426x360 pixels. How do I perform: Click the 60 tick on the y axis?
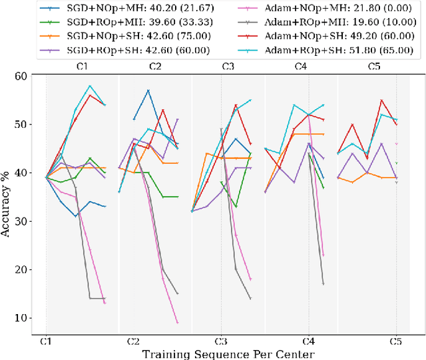30,76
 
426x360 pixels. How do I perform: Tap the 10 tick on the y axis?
30,318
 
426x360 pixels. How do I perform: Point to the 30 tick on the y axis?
30,221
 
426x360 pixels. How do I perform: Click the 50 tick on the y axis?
30,124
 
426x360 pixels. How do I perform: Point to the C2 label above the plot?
155,67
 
